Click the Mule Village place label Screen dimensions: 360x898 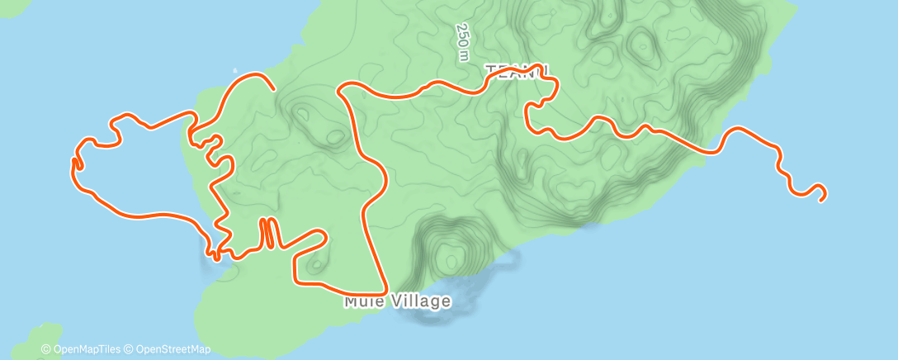click(398, 301)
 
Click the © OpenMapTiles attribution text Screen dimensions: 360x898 click(82, 350)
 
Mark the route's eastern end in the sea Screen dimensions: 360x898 click(822, 198)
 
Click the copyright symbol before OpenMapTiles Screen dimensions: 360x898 click(45, 350)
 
